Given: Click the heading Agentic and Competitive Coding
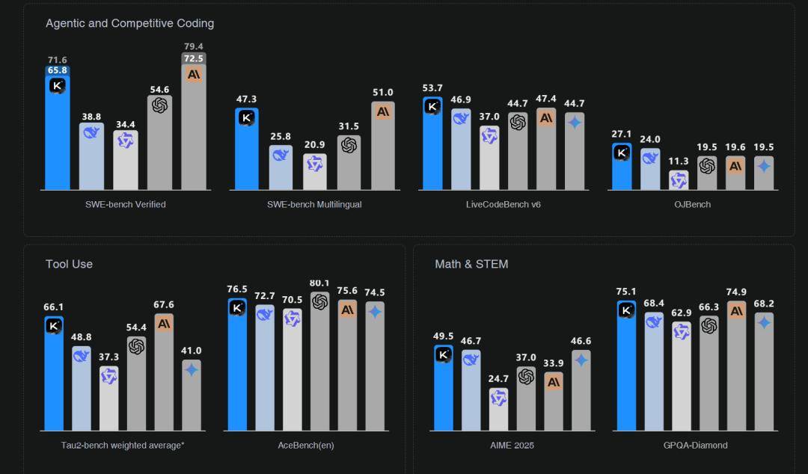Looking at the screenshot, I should (x=129, y=23).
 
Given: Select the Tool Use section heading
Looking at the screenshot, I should (x=69, y=264).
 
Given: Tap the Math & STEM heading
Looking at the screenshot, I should (x=471, y=264).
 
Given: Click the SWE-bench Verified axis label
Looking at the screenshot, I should (x=126, y=204).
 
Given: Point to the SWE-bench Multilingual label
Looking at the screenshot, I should (x=314, y=204).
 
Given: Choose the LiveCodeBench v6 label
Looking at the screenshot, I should (x=503, y=204).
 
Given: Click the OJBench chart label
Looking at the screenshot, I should (x=692, y=204).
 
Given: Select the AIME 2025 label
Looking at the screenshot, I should (x=512, y=446).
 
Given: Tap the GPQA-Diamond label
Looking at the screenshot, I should (x=695, y=446).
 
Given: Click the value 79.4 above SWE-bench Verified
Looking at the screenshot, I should (x=194, y=46).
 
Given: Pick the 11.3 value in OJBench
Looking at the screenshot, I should (x=679, y=161).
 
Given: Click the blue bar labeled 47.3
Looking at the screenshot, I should (x=247, y=150).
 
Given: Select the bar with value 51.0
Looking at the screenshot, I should (x=383, y=146).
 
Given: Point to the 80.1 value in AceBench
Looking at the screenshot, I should (x=319, y=283).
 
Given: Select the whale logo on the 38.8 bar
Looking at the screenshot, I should (x=91, y=132).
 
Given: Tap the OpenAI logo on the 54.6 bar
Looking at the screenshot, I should (x=159, y=105).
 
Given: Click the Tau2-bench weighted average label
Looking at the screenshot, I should (x=123, y=446).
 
